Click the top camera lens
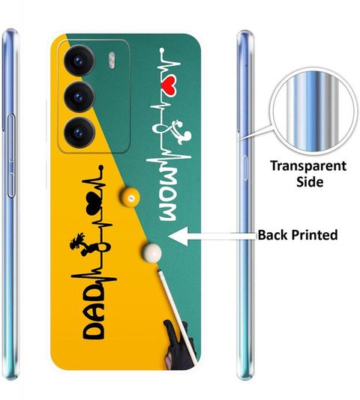click(x=79, y=61)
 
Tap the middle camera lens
click(x=79, y=97)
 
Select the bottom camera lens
click(x=79, y=133)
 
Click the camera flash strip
click(x=112, y=61)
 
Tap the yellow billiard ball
click(x=130, y=197)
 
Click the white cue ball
click(x=151, y=253)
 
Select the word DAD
click(x=94, y=311)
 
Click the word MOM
click(x=167, y=196)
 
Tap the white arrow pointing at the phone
click(x=212, y=236)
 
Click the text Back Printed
click(x=298, y=235)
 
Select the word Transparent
click(x=308, y=166)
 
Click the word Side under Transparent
click(x=310, y=182)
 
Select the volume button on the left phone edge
click(x=11, y=156)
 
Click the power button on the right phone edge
click(x=245, y=168)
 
